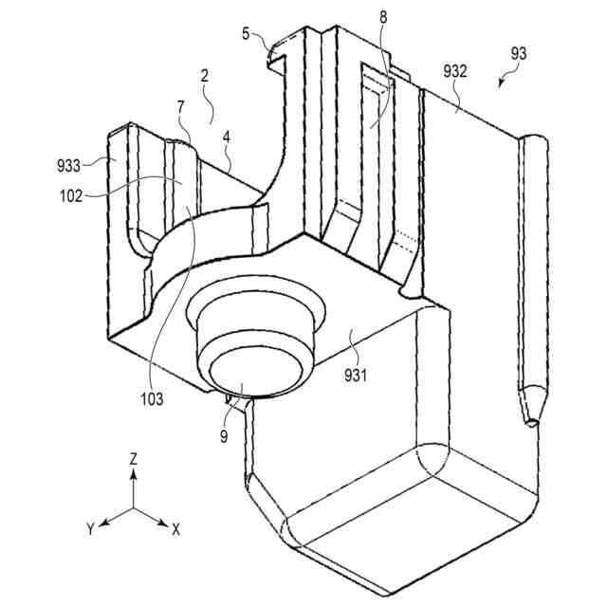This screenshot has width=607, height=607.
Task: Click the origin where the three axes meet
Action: pyautogui.click(x=134, y=509)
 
